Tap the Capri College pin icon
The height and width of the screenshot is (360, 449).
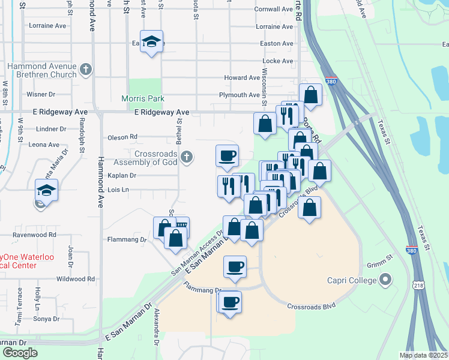[385, 280]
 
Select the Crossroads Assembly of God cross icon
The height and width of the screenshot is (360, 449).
[187, 157]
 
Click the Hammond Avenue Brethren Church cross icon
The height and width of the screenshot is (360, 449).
[86, 70]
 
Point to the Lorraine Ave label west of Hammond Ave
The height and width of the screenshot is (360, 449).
[47, 26]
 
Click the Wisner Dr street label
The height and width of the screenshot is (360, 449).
[41, 95]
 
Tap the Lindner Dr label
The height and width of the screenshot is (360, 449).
[51, 129]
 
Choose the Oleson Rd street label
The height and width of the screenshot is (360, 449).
[122, 137]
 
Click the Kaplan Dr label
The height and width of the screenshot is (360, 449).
[122, 176]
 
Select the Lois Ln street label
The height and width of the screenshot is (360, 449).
[118, 190]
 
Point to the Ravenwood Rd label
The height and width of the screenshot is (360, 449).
[36, 235]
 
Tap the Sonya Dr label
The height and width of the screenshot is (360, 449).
[47, 319]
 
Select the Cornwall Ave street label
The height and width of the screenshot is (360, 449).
[273, 10]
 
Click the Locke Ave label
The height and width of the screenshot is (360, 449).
[278, 61]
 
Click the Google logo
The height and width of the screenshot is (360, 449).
[20, 353]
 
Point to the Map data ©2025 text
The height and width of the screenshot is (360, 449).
[423, 355]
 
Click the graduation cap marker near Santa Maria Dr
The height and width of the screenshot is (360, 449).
[46, 191]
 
